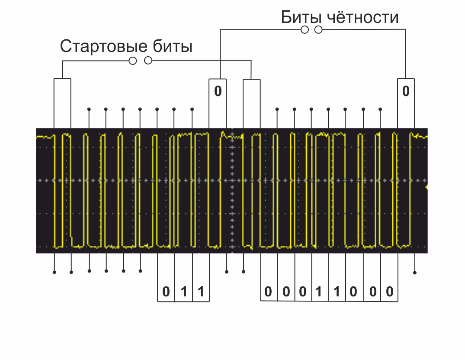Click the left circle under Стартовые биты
[133, 61]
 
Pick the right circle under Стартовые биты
[148, 61]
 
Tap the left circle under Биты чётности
[305, 30]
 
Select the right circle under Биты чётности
[319, 30]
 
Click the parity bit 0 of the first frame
[218, 92]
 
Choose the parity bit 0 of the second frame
[406, 92]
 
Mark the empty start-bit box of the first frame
[62, 103]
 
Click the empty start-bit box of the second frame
[252, 103]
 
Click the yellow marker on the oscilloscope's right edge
[427, 187]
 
